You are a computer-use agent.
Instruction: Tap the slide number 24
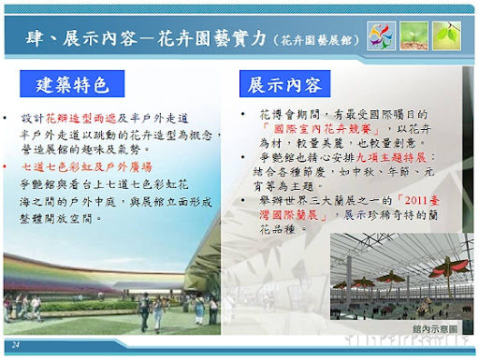pyautogui.click(x=16, y=346)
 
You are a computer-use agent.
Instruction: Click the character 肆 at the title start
pyautogui.click(x=36, y=37)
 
